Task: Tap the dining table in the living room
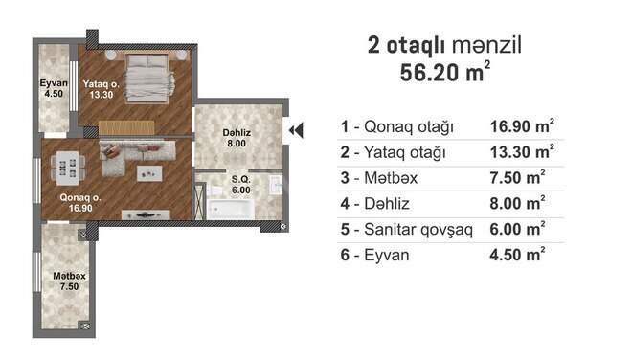click(x=68, y=168)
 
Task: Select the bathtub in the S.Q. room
click(x=230, y=209)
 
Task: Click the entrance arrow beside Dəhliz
click(x=296, y=130)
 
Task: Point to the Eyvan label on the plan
click(x=54, y=83)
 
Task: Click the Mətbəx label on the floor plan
click(x=69, y=276)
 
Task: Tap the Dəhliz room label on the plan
click(x=237, y=133)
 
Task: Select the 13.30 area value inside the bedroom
click(x=102, y=95)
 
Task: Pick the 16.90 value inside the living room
click(x=80, y=208)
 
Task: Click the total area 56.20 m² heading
click(x=445, y=72)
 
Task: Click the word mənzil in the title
click(x=486, y=45)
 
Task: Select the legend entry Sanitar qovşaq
click(x=418, y=230)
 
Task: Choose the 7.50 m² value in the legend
click(x=517, y=177)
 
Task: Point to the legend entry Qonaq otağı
click(x=409, y=126)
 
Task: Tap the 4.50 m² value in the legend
click(x=517, y=255)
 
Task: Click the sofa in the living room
click(x=137, y=155)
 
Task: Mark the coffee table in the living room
click(x=149, y=173)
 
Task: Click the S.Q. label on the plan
click(x=241, y=179)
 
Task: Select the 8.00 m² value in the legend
click(x=517, y=203)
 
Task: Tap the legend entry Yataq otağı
click(x=405, y=152)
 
